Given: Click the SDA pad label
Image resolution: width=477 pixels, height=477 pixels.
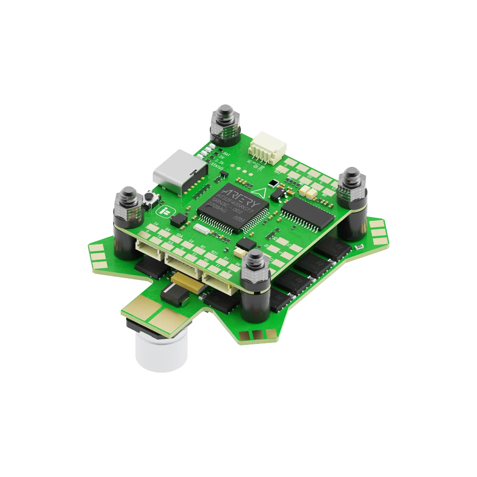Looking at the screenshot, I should point(179,236).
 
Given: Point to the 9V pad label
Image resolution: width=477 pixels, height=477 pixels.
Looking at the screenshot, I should point(237,262).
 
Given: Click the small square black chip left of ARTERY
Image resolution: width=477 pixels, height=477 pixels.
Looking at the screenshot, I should point(179,219).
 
